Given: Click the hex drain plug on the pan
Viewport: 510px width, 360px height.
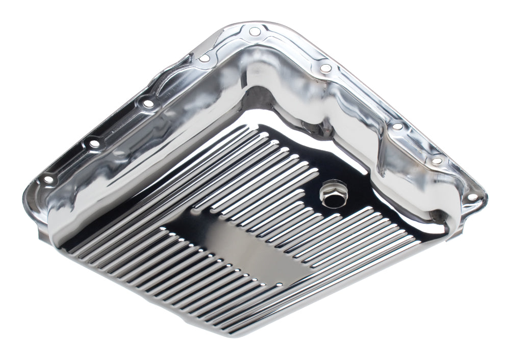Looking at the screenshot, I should coord(327,194).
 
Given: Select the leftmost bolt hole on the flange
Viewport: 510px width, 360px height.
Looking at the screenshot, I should coord(47,179).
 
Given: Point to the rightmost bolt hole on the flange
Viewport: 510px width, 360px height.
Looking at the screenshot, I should coord(472,196).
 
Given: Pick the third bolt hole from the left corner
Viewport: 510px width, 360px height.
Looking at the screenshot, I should coord(148,104).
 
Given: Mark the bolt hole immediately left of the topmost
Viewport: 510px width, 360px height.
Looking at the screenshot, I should coord(205,59).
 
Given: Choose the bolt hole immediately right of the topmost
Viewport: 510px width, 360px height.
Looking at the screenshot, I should coord(325,68).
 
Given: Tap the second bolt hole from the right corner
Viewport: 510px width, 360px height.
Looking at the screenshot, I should coord(437,161).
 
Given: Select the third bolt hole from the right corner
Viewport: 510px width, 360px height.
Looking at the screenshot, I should coord(397,126).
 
